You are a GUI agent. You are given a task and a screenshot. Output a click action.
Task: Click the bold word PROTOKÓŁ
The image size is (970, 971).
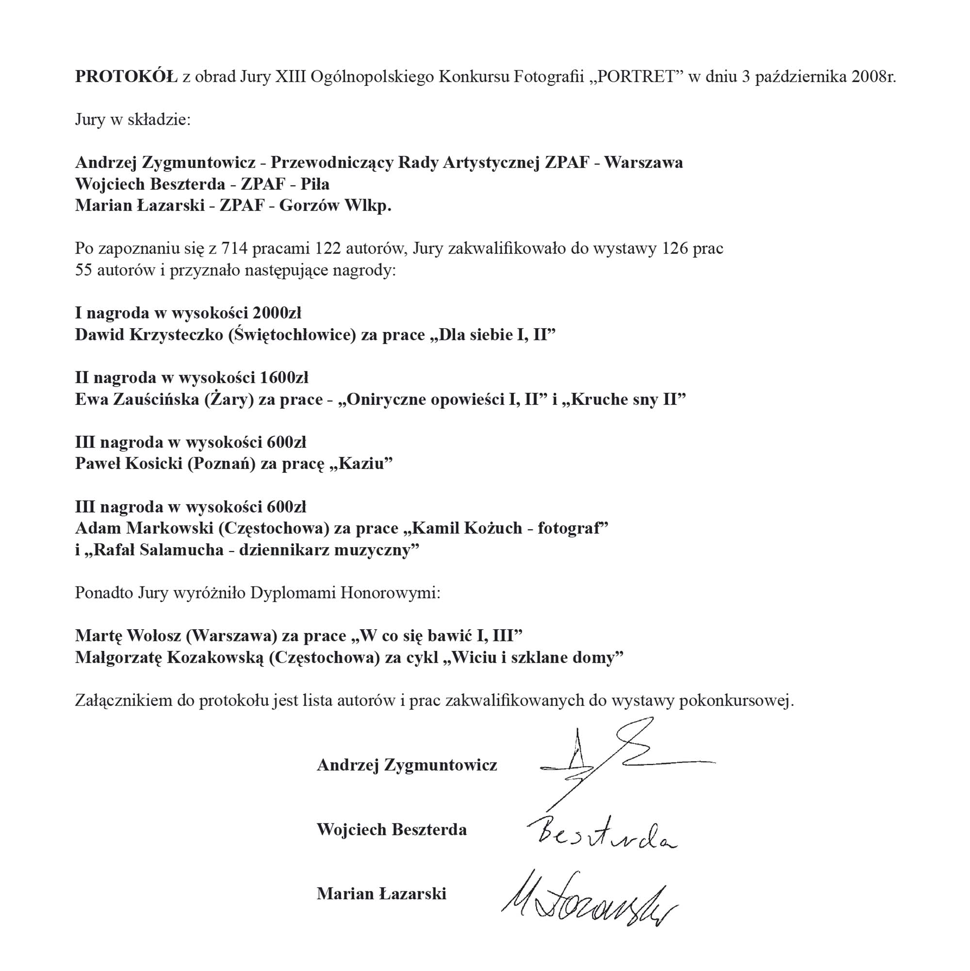(x=126, y=77)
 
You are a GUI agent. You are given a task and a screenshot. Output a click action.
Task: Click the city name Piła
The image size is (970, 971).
(x=315, y=184)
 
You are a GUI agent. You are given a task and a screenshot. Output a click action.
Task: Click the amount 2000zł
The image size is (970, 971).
(x=277, y=313)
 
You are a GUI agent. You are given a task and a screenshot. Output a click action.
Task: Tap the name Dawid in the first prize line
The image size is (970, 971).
(x=99, y=335)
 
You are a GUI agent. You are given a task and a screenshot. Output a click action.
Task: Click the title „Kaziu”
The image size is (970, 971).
(x=361, y=463)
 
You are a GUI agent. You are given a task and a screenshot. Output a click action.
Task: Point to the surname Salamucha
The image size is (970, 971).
(x=181, y=550)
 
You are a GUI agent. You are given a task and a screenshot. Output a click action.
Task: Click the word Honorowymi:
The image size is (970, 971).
(x=390, y=593)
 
